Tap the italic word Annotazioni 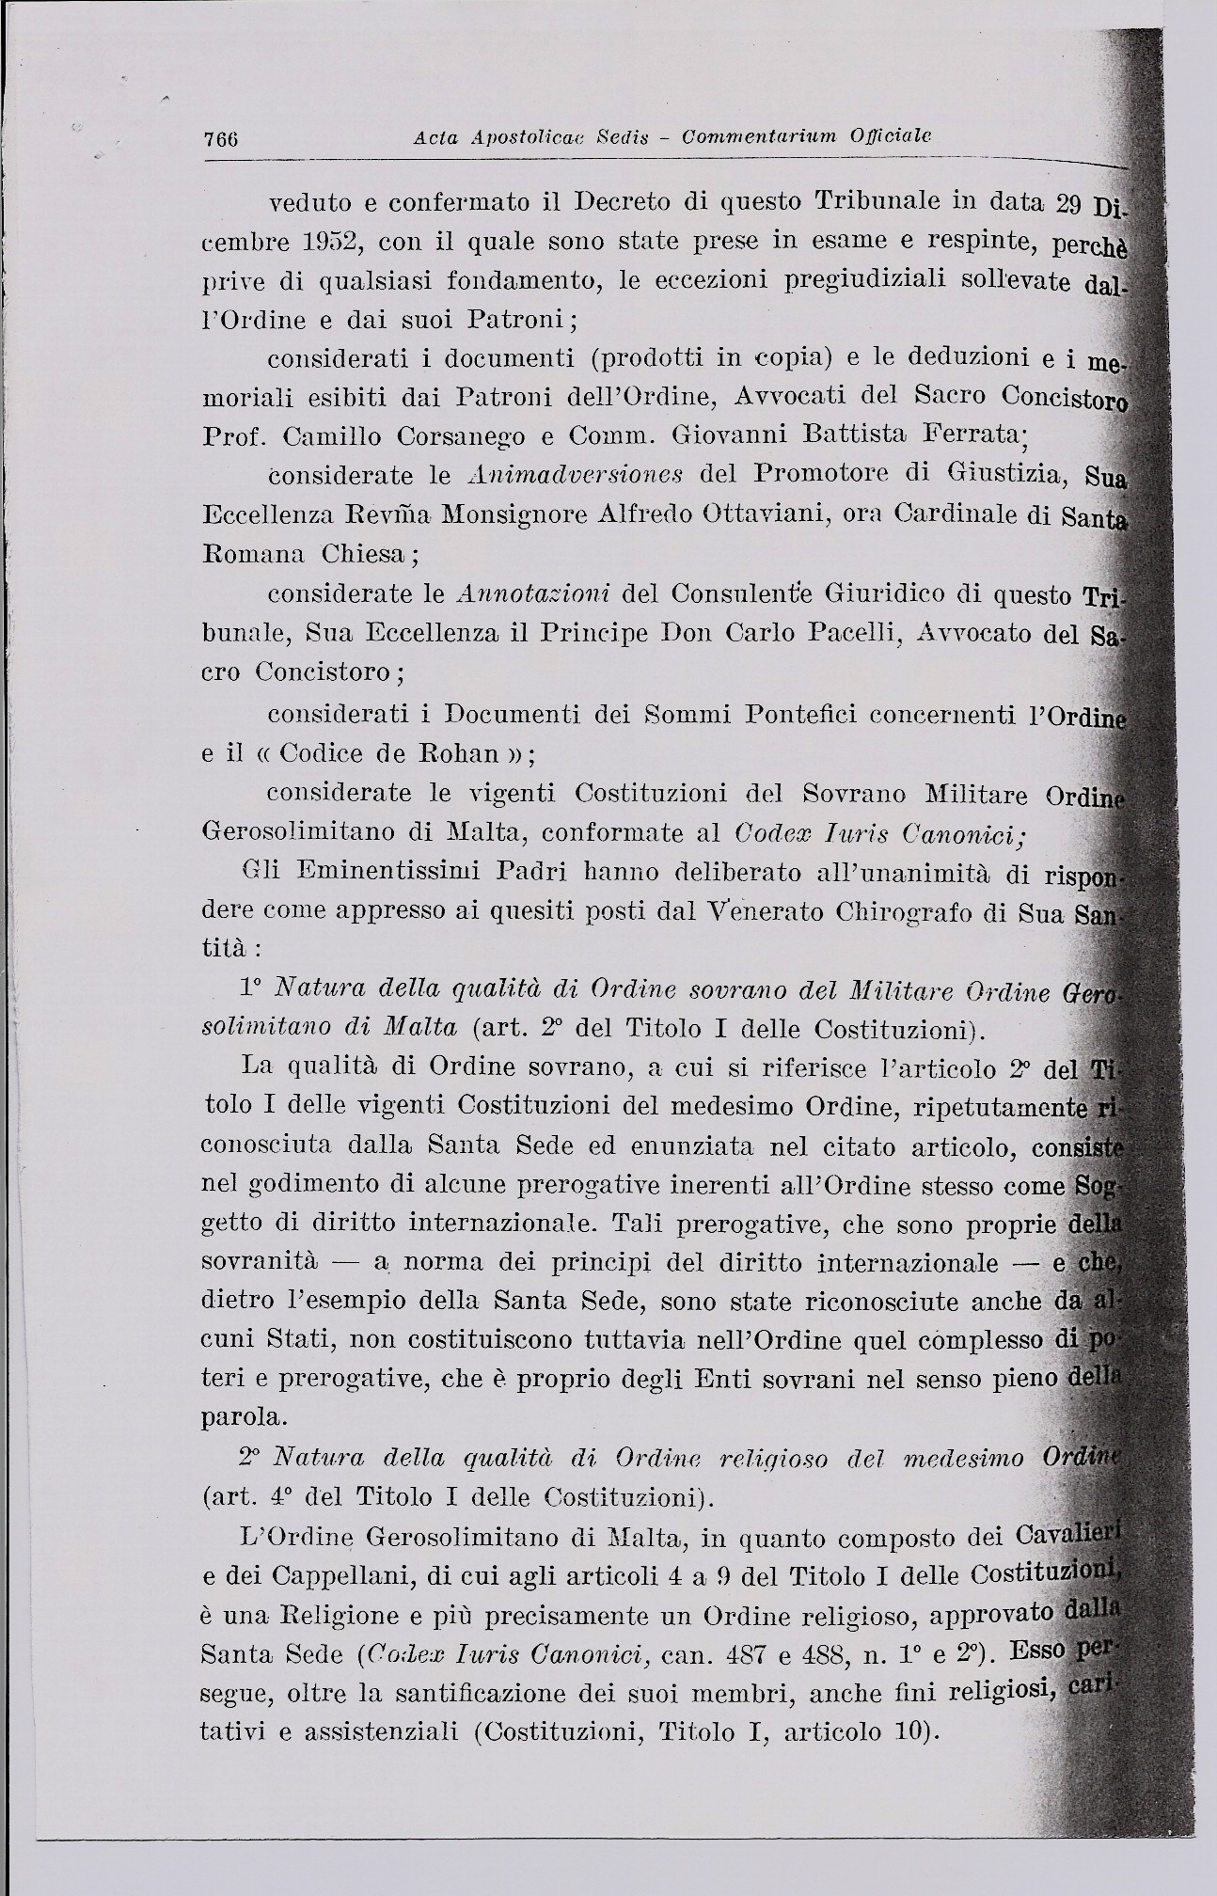(x=533, y=595)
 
